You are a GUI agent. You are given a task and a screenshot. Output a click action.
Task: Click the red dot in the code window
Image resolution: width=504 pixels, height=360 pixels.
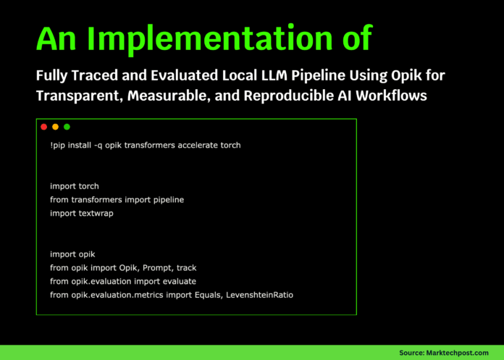[43, 127]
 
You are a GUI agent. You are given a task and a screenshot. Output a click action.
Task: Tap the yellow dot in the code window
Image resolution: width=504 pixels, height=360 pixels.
[55, 127]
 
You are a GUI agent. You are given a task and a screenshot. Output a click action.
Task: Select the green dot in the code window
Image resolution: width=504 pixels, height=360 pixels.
[67, 127]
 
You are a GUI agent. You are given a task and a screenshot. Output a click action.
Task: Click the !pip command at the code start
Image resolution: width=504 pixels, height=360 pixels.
[59, 145]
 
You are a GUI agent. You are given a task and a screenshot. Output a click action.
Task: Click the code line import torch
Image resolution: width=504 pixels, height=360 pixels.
[75, 186]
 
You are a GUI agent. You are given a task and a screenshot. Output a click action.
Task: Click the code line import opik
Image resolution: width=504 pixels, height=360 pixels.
[73, 254]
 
